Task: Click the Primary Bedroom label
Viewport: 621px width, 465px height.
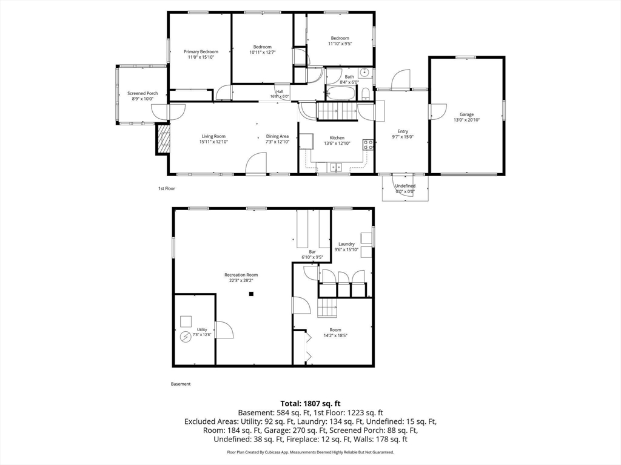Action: (201, 51)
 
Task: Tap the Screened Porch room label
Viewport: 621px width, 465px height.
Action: (143, 93)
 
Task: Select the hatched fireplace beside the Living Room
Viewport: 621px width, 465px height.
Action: (163, 139)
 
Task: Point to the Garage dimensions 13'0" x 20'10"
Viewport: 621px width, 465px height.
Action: (466, 120)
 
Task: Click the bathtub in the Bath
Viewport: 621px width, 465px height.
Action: (341, 93)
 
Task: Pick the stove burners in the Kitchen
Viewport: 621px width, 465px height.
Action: (368, 144)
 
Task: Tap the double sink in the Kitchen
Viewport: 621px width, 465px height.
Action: (336, 167)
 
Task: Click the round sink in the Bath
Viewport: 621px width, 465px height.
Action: (364, 73)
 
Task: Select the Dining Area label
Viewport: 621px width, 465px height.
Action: (277, 136)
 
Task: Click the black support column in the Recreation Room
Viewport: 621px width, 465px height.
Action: (251, 294)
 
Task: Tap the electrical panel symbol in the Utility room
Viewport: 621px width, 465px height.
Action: (186, 337)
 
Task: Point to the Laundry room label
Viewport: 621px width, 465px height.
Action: (346, 244)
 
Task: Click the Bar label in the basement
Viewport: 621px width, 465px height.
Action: (312, 252)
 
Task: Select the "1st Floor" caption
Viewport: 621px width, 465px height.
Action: (167, 189)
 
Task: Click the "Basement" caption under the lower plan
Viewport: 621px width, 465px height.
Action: (181, 384)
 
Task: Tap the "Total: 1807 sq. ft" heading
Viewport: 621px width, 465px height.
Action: (310, 404)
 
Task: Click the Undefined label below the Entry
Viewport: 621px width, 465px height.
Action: (405, 186)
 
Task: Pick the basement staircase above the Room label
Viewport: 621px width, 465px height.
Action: (327, 308)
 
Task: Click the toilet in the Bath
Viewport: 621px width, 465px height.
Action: (366, 94)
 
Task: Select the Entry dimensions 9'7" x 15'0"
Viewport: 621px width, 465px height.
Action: (403, 137)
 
